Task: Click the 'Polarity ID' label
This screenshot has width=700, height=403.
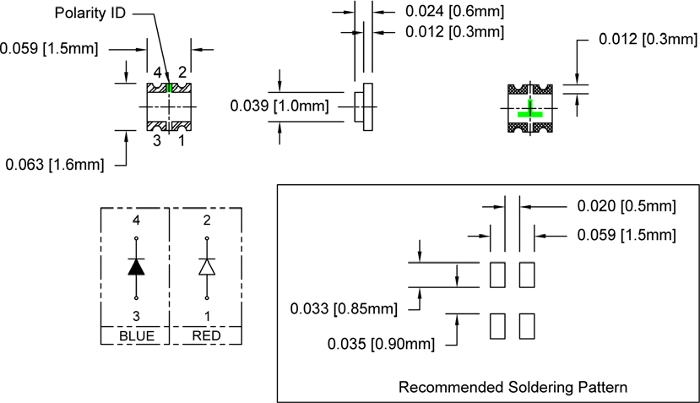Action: tap(92, 14)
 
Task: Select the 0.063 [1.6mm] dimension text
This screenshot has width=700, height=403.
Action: tap(54, 165)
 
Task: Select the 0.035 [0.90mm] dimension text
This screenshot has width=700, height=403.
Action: tap(383, 344)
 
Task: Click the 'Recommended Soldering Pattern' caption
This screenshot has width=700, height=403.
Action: tap(513, 389)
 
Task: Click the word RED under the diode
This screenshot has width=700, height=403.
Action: tap(206, 336)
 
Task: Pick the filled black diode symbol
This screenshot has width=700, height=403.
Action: tap(136, 267)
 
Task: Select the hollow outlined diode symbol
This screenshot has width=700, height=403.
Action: tap(207, 267)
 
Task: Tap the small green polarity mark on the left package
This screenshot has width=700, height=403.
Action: tap(170, 87)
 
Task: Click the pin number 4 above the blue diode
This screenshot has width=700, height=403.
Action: tap(136, 221)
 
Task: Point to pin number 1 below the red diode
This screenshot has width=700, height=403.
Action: tap(207, 315)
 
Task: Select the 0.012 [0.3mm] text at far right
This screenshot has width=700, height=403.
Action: tap(647, 40)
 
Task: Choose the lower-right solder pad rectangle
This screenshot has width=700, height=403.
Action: tap(527, 327)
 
